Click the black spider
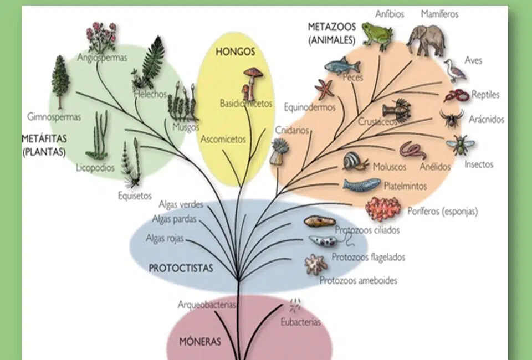452,117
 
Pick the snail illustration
355,161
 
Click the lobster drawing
397,110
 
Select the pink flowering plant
101,37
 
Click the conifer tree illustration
60,83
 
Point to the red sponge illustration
383,209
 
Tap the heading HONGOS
235,52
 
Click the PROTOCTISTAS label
181,268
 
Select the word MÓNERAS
200,341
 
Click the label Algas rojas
165,238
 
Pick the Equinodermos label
309,107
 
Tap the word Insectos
479,164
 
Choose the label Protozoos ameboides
359,280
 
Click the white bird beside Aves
454,70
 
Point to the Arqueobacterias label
207,305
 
